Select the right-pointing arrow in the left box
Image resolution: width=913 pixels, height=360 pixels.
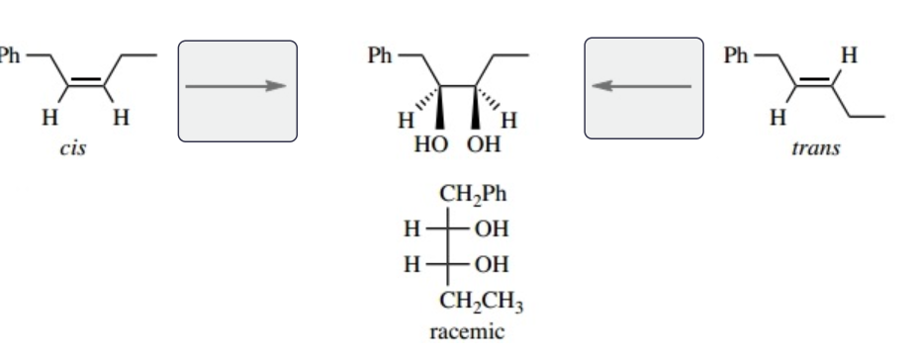(x=236, y=86)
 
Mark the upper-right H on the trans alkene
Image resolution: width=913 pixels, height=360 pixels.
(x=847, y=57)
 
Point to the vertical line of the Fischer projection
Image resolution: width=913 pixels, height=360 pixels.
(x=446, y=248)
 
